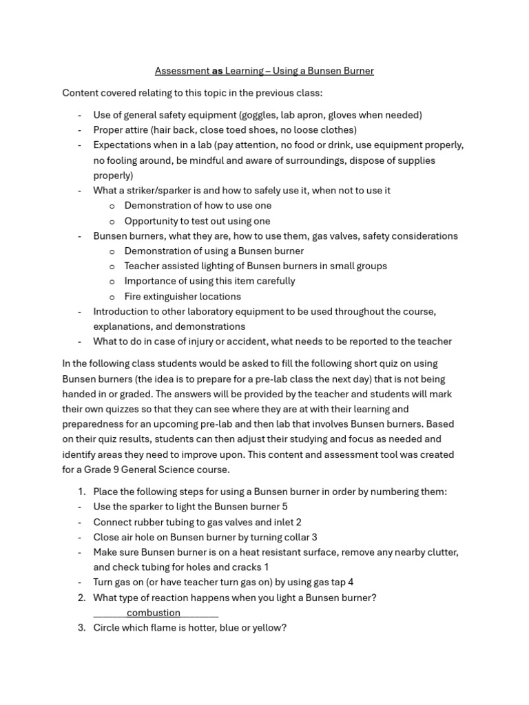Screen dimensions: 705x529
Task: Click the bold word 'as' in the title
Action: [x=217, y=71]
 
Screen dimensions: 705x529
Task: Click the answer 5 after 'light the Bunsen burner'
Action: [x=284, y=507]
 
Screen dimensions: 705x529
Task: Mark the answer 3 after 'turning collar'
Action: [x=314, y=537]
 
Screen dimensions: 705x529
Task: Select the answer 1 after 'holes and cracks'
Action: [x=266, y=567]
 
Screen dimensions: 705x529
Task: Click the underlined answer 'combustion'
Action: [x=153, y=613]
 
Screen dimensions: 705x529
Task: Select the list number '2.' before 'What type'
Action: [x=81, y=598]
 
